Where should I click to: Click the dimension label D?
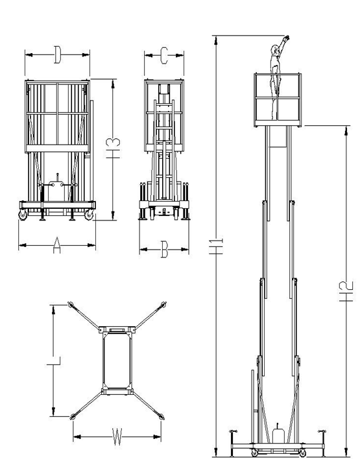[57, 54]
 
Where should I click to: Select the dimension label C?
[164, 56]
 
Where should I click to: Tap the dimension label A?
[57, 245]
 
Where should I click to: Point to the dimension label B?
[164, 249]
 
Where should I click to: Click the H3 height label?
[113, 148]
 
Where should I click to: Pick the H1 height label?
[216, 246]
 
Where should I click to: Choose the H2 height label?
[346, 291]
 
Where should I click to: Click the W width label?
[117, 436]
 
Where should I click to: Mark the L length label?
[54, 361]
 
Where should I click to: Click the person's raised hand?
[286, 38]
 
